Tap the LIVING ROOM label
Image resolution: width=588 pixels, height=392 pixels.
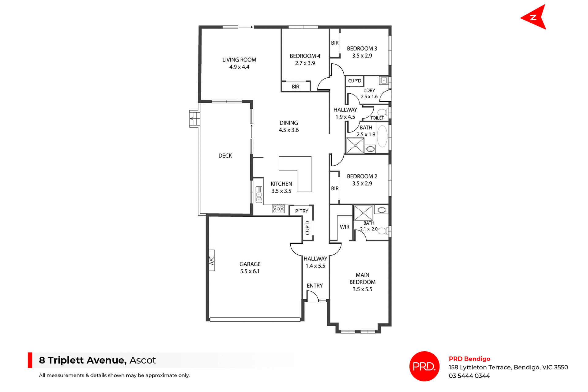[x=239, y=60]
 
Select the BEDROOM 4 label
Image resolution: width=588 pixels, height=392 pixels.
[x=305, y=56]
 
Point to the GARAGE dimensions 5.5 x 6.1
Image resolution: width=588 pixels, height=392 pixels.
[x=250, y=271]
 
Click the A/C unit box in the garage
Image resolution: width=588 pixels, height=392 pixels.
[x=211, y=260]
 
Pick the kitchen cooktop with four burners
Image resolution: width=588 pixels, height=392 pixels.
[x=278, y=209]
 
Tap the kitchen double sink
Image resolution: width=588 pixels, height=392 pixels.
[x=259, y=195]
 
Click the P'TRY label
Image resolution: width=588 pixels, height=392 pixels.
[x=302, y=211]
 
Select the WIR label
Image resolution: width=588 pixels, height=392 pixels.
[x=345, y=227]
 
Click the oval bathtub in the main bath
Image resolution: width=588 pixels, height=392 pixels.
[x=382, y=136]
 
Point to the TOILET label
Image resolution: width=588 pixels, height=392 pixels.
[x=377, y=118]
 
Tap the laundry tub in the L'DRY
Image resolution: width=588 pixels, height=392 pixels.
[x=384, y=81]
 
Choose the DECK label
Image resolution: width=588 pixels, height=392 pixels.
[x=225, y=156]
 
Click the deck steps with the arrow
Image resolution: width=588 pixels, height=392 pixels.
[x=194, y=118]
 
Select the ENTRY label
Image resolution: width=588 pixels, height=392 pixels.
[x=315, y=286]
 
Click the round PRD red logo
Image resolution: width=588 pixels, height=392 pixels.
[x=424, y=366]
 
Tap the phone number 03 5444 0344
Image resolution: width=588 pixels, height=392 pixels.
[x=469, y=376]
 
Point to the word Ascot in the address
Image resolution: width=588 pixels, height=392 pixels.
[x=143, y=360]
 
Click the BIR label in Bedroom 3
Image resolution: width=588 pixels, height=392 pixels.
[x=335, y=43]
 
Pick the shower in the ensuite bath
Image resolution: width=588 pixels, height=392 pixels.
[x=363, y=213]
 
